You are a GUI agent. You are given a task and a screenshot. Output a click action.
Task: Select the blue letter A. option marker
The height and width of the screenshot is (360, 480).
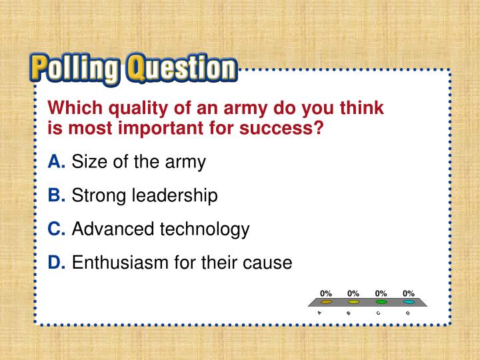coord(56,161)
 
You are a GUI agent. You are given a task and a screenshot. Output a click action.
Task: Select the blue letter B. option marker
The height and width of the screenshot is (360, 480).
coord(56,195)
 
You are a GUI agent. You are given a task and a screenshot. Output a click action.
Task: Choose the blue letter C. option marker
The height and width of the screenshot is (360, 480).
coord(56,229)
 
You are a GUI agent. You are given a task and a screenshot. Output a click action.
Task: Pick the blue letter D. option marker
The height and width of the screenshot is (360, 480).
coord(56,263)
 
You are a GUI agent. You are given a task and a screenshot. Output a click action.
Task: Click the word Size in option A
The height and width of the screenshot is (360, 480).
coord(85,161)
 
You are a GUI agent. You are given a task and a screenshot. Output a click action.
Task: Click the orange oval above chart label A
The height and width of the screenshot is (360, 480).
coord(326,302)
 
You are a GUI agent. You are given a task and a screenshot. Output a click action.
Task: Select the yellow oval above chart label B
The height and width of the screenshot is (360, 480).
coord(353,302)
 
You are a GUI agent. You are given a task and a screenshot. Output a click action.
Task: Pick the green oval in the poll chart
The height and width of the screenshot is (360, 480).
coord(381,302)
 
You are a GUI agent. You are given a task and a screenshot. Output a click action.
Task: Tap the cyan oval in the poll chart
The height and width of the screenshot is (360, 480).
coord(409,302)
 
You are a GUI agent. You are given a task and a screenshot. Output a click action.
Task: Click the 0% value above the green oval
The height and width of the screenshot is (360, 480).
coord(381,293)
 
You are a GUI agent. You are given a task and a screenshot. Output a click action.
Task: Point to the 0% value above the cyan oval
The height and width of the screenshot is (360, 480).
coord(409,293)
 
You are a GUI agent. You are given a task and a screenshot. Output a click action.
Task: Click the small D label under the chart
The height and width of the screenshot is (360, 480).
coord(408,313)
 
